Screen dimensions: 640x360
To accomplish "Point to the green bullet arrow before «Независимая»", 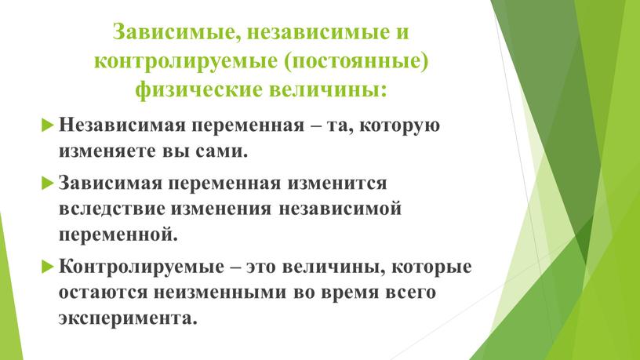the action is coord(48,124).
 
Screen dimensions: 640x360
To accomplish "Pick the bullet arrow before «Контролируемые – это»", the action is coord(48,266).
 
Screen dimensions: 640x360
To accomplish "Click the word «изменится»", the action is coord(336,184).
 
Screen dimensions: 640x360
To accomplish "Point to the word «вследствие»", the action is coord(112,209).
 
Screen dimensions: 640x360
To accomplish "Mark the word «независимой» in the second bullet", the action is coord(340,209).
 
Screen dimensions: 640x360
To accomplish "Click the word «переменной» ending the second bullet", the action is coord(118,235).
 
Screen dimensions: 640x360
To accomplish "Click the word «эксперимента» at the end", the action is coord(128,318).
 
